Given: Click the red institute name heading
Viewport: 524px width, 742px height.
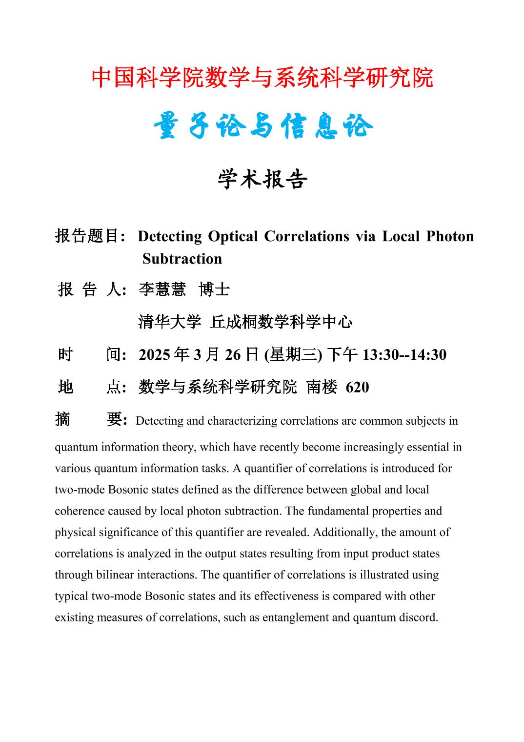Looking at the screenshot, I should [x=262, y=78].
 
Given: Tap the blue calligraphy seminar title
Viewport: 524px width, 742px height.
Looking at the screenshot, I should [x=262, y=127].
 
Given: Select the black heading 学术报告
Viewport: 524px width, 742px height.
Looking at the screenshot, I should [x=262, y=180].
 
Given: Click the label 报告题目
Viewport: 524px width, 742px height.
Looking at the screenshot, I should [x=88, y=236].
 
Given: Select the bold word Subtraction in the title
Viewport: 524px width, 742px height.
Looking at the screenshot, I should [x=182, y=259].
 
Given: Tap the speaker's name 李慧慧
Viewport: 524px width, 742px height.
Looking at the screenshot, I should [x=162, y=290].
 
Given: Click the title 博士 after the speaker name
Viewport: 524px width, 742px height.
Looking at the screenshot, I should [x=214, y=290].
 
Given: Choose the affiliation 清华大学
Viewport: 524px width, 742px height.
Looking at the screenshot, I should [x=170, y=322].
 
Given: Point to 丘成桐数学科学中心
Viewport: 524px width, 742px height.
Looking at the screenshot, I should [x=281, y=322].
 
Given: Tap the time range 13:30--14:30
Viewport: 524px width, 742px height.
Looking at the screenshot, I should [x=404, y=355].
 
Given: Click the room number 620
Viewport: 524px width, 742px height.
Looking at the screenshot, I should [x=357, y=387].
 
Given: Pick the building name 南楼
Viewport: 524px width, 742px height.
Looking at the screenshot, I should [x=322, y=387].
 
